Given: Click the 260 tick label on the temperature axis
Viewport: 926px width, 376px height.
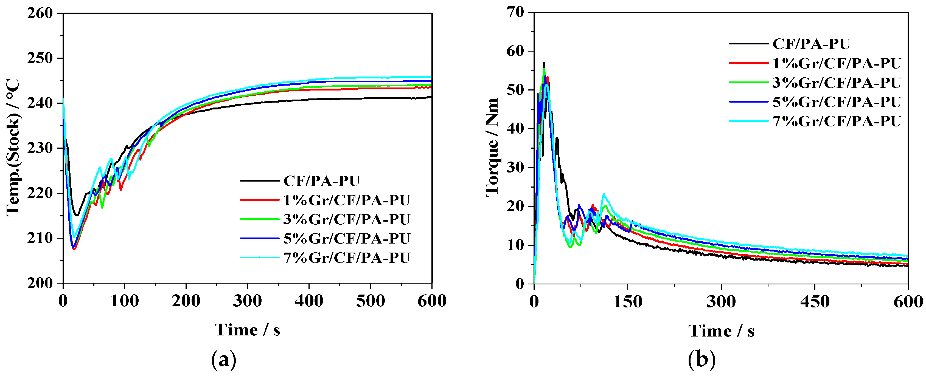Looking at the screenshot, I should (x=40, y=13).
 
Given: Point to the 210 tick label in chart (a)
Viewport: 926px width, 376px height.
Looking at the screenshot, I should (x=40, y=238).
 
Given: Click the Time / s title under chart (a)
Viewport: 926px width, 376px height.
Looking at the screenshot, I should (x=247, y=330).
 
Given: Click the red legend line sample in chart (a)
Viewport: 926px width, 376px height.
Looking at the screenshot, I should (x=260, y=200).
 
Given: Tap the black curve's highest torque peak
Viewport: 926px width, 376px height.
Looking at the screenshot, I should (x=544, y=63).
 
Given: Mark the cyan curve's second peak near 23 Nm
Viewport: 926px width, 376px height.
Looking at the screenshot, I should (x=604, y=194).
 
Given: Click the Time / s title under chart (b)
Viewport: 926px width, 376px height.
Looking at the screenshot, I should (x=721, y=331).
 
